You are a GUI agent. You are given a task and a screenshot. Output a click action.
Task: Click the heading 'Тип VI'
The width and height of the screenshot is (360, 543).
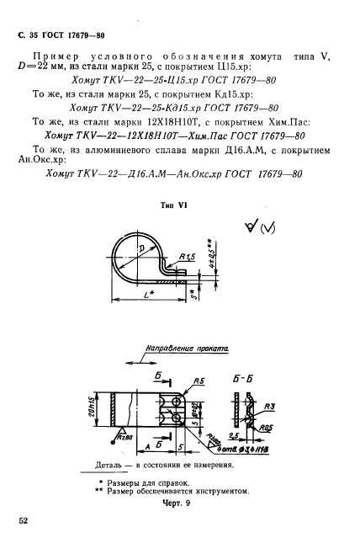coord(173,205)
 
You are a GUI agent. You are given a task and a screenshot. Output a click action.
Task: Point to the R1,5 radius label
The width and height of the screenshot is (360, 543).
coord(188,256)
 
